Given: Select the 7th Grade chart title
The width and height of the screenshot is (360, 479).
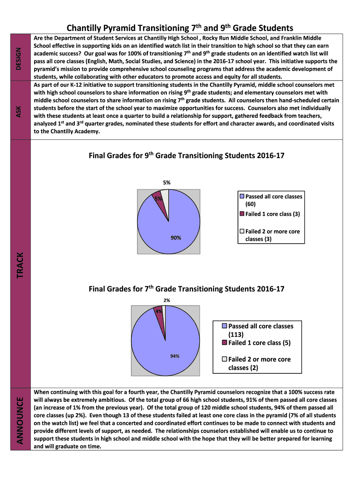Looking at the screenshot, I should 186,289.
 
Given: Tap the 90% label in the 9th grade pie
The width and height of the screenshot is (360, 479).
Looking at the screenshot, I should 176,238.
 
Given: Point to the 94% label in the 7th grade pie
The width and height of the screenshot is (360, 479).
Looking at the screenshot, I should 175,356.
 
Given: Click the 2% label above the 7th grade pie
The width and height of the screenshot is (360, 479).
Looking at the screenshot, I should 167,300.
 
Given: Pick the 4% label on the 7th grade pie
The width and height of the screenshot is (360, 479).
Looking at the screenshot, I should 159,311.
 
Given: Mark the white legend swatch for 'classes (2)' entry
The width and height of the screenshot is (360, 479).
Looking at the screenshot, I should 224,359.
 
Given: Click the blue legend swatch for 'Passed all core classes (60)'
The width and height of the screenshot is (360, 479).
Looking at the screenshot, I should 242,196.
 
